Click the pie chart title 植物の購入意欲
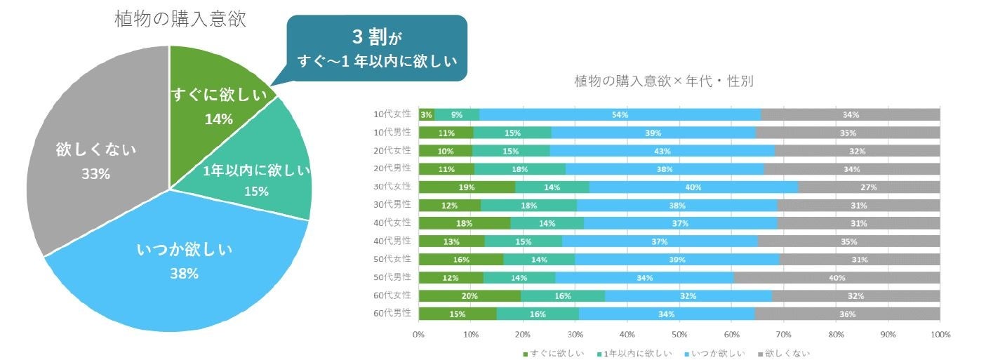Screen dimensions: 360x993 coord(180,19)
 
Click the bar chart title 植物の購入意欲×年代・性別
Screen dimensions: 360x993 coord(664,81)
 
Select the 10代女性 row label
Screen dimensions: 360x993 coord(394,114)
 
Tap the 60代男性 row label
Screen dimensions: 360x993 coord(394,314)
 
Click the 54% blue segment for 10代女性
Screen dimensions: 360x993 coord(620,114)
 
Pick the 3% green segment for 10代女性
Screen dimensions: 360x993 coord(426,114)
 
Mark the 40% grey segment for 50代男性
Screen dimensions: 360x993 coord(837,278)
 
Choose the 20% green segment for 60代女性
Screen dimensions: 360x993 coord(469,296)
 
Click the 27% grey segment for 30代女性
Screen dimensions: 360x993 coord(869,187)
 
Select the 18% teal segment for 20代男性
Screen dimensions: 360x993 coord(520,169)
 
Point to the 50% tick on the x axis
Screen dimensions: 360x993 coord(679,334)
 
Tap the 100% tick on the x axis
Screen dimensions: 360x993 coord(939,334)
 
